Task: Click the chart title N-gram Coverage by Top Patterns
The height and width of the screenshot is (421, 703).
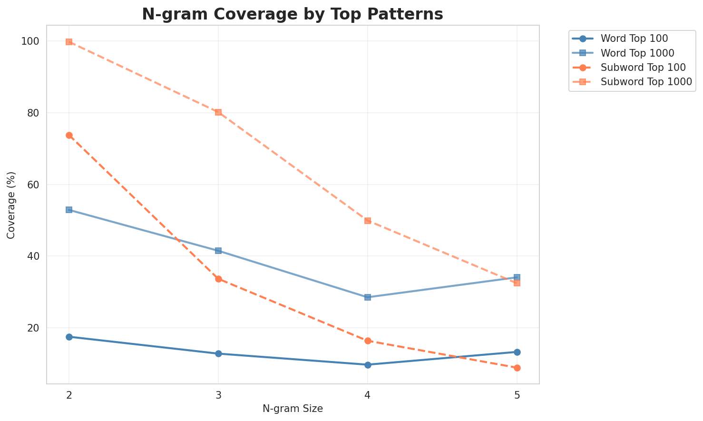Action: [x=293, y=14]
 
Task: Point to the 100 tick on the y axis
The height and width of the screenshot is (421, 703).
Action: [x=30, y=41]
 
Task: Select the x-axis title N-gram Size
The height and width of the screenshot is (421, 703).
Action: [x=293, y=409]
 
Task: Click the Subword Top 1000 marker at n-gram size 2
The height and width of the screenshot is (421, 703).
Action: [x=69, y=42]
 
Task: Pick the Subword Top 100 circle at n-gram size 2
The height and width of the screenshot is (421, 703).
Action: [x=69, y=135]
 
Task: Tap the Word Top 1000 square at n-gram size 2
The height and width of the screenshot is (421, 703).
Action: [x=69, y=210]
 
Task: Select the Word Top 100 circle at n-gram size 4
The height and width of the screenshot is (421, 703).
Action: [x=368, y=365]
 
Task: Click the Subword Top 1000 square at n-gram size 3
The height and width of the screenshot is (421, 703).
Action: [x=218, y=112]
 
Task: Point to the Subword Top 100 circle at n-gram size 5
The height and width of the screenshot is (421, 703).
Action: [x=517, y=368]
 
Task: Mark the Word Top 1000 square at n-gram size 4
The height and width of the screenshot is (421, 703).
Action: [x=368, y=297]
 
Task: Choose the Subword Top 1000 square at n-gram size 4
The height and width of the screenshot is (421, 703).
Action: [x=368, y=221]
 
